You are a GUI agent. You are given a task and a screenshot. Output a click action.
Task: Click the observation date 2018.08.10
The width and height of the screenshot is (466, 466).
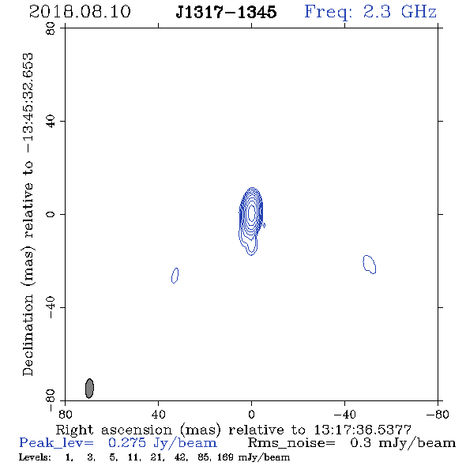[80, 12]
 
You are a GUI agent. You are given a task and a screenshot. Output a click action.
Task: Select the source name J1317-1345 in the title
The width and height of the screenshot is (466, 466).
[226, 12]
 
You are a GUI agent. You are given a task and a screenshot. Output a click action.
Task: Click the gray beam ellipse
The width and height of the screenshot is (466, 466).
[89, 388]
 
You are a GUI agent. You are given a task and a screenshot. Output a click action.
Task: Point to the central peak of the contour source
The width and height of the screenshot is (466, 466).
[252, 212]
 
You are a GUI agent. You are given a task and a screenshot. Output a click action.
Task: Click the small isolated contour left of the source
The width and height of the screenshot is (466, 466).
[175, 276]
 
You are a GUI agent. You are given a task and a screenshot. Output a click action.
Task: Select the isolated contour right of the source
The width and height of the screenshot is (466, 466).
[370, 265]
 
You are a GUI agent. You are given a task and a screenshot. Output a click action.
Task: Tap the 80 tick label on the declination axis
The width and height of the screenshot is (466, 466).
[51, 28]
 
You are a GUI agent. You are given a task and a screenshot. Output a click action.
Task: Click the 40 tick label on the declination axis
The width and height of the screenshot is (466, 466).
[51, 122]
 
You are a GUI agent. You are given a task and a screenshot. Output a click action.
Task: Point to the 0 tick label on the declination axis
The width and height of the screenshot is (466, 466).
[51, 214]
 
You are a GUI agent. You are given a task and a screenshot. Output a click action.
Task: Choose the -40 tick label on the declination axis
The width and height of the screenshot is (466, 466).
[51, 307]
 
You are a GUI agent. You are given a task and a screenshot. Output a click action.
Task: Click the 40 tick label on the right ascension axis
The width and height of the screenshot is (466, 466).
[159, 415]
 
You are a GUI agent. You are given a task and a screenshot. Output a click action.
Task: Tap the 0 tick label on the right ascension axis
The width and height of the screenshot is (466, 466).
[251, 415]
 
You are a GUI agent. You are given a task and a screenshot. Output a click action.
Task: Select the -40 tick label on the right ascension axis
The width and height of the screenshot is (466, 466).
[344, 415]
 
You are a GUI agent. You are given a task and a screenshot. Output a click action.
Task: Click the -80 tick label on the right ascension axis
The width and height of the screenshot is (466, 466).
[438, 415]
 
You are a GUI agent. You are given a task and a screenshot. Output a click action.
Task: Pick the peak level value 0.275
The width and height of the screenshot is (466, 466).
[127, 443]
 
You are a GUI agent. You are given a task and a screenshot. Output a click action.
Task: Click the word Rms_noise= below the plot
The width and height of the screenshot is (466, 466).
[291, 443]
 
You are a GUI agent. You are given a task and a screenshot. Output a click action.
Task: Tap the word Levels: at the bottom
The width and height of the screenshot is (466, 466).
[35, 457]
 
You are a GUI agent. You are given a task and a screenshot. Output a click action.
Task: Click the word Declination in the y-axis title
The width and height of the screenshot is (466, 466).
[28, 335]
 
